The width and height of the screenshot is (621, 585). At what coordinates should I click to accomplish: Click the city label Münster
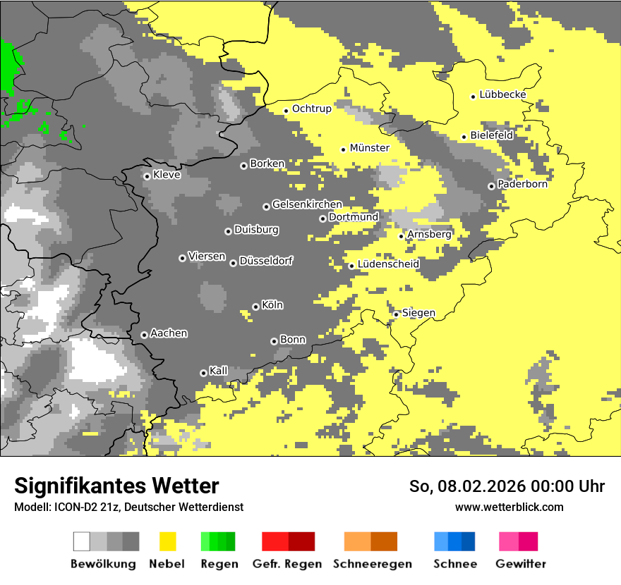pyautogui.click(x=369, y=148)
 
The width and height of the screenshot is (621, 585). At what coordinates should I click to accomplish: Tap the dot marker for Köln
pyautogui.click(x=255, y=307)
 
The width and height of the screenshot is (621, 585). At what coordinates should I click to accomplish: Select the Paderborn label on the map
pyautogui.click(x=522, y=184)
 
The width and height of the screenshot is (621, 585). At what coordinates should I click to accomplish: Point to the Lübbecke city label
pyautogui.click(x=502, y=94)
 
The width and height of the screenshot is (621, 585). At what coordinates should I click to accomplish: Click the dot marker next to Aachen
pyautogui.click(x=144, y=335)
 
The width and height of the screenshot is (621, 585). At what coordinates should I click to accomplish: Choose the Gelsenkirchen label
pyautogui.click(x=307, y=204)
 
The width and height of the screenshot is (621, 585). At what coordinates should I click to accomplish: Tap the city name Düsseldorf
pyautogui.click(x=266, y=261)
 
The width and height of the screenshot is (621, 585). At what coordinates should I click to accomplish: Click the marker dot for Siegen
pyautogui.click(x=397, y=314)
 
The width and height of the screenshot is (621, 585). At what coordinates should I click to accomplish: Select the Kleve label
pyautogui.click(x=167, y=175)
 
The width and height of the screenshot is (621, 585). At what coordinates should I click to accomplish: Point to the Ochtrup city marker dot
pyautogui.click(x=287, y=110)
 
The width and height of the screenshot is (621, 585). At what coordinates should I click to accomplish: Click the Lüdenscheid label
pyautogui.click(x=388, y=264)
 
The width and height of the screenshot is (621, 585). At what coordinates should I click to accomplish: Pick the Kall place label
pyautogui.click(x=218, y=371)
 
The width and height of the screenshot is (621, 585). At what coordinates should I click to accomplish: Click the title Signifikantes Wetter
pyautogui.click(x=116, y=486)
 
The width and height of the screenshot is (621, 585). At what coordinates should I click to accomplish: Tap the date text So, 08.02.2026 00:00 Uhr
pyautogui.click(x=507, y=486)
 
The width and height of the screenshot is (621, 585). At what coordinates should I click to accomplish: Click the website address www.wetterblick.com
pyautogui.click(x=509, y=507)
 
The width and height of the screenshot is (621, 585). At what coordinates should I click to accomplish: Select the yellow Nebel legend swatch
pyautogui.click(x=167, y=541)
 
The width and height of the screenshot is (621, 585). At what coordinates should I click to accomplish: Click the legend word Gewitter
pyautogui.click(x=520, y=564)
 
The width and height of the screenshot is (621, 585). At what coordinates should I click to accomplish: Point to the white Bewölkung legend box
pyautogui.click(x=82, y=541)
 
